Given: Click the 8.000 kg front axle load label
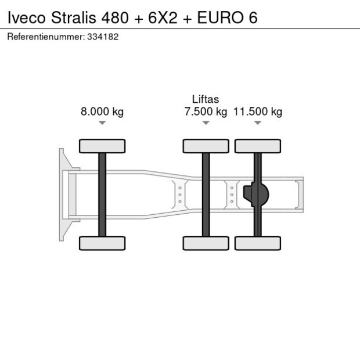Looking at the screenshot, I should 102,112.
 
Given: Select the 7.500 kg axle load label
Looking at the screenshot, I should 206,112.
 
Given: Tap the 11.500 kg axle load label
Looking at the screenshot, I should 258,112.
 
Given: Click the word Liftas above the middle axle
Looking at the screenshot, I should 206,100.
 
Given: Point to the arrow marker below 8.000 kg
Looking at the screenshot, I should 102,123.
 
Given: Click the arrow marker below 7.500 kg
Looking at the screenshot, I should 206,123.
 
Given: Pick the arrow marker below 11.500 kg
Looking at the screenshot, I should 258,123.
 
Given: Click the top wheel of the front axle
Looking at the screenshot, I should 102,146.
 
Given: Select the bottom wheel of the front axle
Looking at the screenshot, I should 102,243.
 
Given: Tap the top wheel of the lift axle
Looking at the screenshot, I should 206,146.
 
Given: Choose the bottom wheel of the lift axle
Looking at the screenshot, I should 206,243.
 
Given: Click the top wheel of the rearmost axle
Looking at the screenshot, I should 258,146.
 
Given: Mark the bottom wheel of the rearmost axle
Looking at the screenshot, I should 258,243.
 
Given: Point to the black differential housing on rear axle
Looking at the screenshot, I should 257,195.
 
